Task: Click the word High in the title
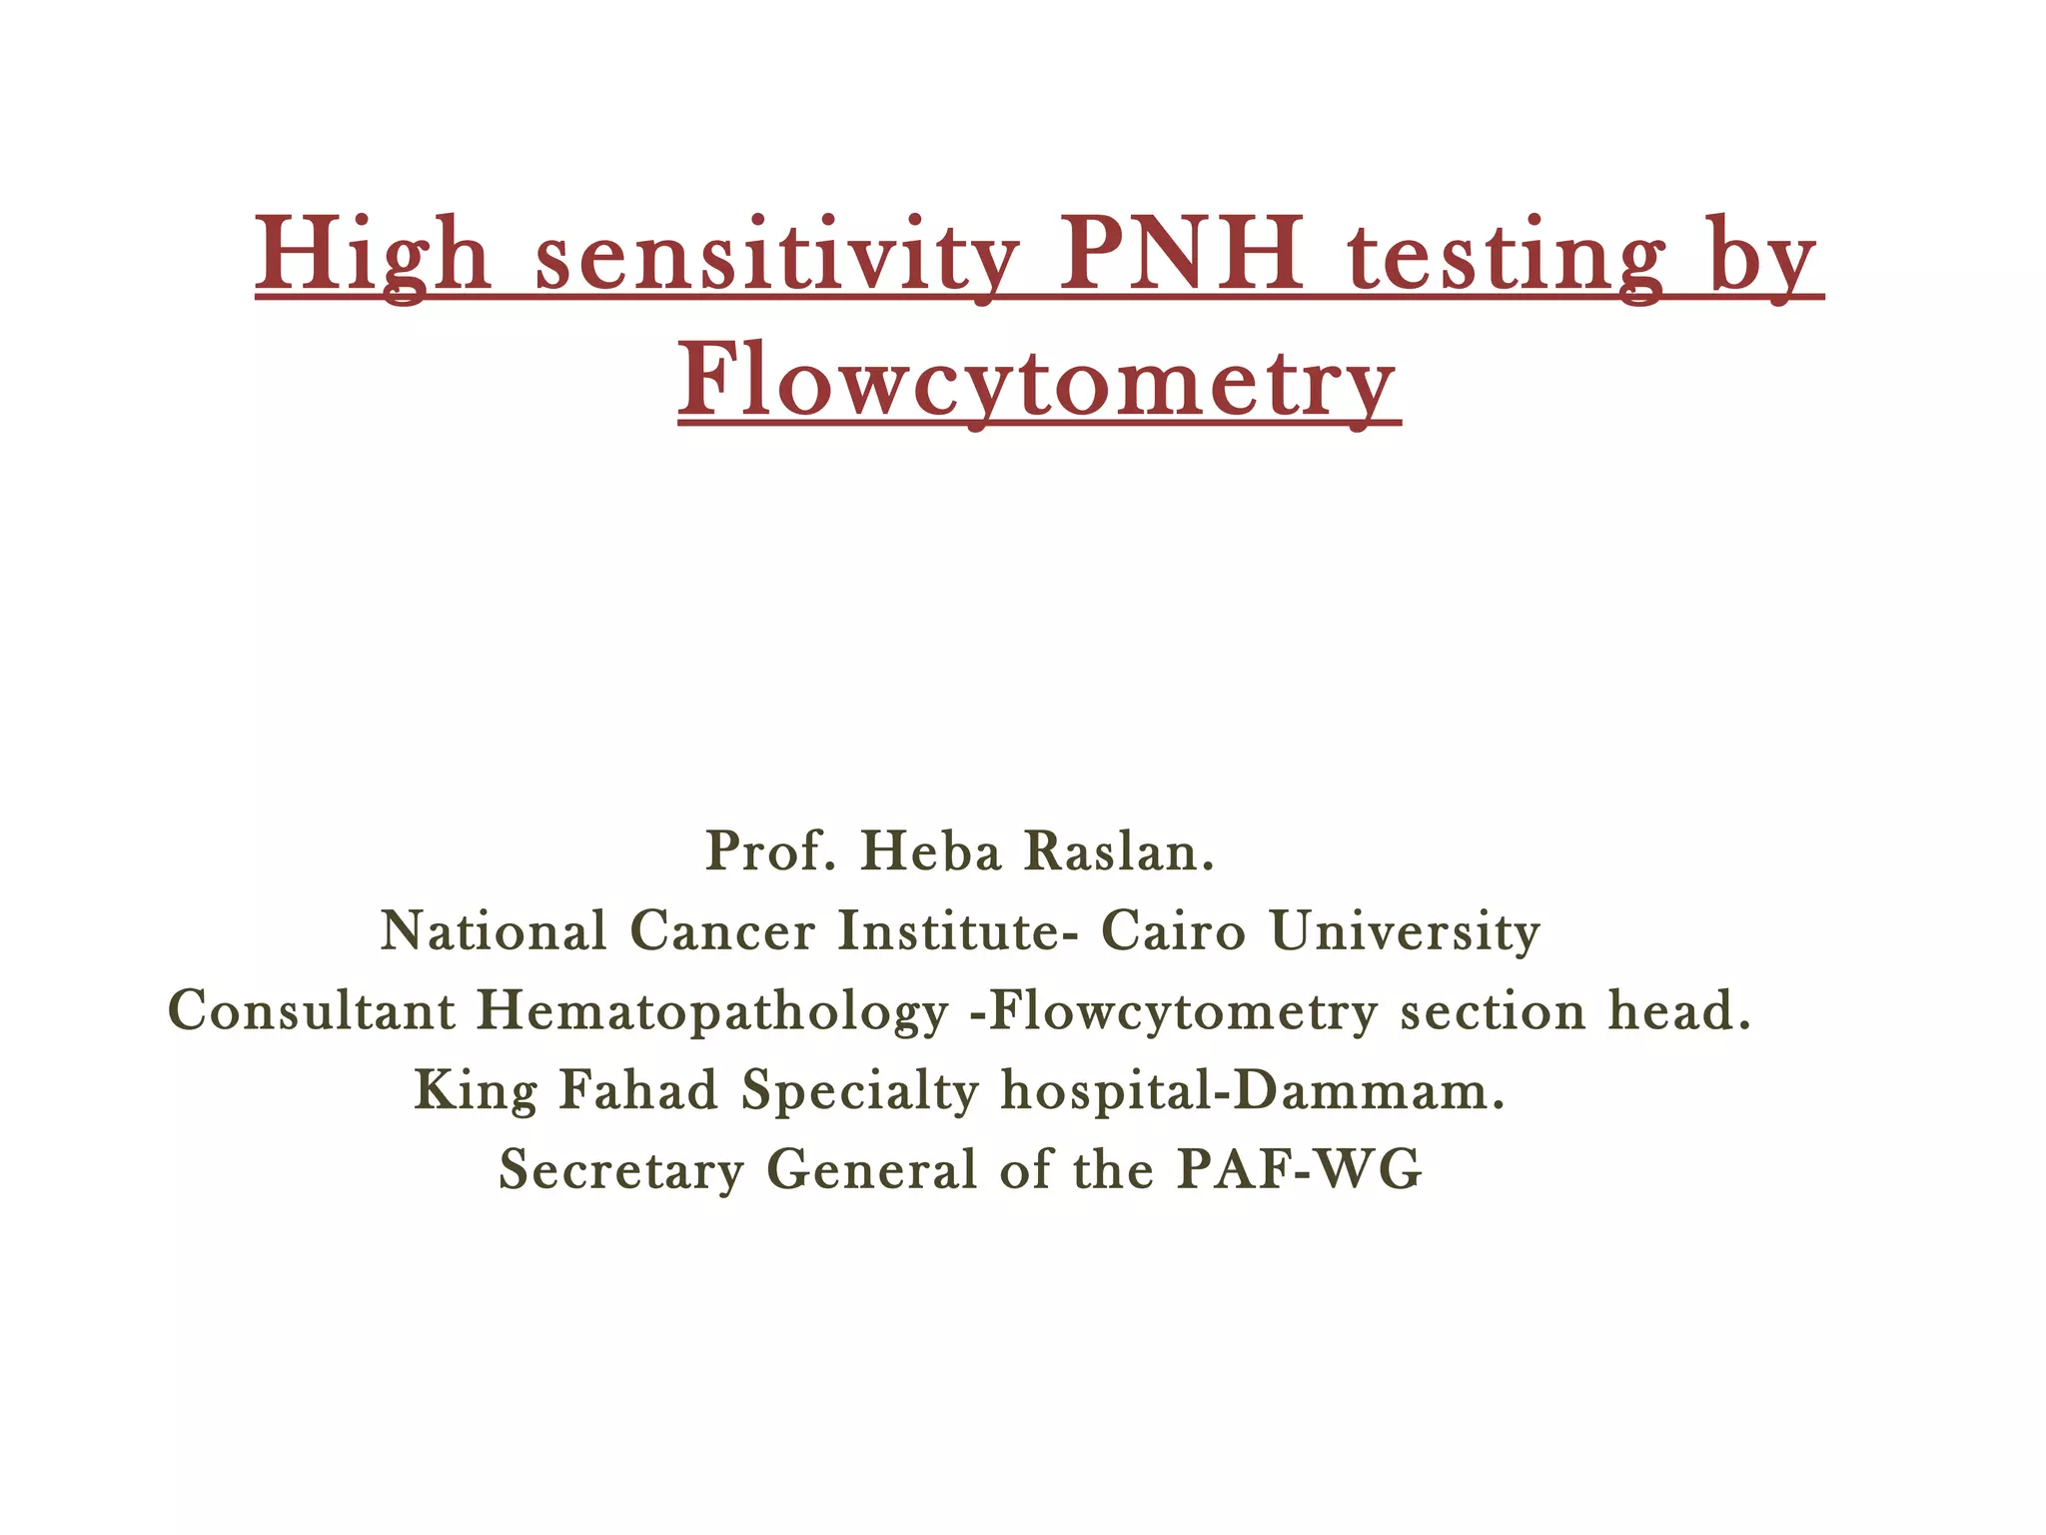[x=373, y=255]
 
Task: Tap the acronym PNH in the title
[x=1181, y=255]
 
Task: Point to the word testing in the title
[x=1506, y=255]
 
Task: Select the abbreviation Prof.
[x=770, y=851]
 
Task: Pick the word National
[x=494, y=931]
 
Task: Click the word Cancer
[x=722, y=931]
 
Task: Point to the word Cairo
[x=1174, y=931]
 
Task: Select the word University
[x=1405, y=933]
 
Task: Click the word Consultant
[x=311, y=1010]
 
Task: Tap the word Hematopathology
[x=712, y=1012]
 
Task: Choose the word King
[x=476, y=1091]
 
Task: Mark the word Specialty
[x=859, y=1091]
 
